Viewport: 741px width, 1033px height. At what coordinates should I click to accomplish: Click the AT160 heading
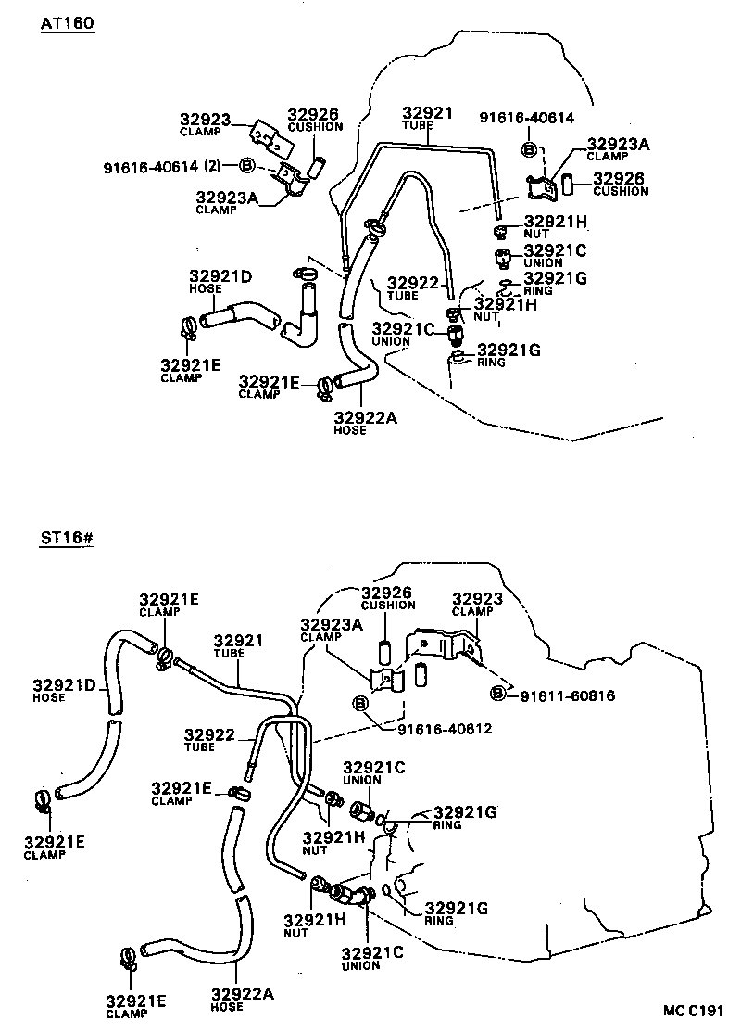pyautogui.click(x=67, y=23)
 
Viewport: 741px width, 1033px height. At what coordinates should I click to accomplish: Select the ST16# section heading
pyautogui.click(x=67, y=538)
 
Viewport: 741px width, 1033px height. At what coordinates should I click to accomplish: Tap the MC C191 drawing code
pyautogui.click(x=694, y=1011)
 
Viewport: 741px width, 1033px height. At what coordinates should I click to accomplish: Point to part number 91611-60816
pyautogui.click(x=567, y=695)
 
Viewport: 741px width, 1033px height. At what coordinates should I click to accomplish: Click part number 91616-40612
pyautogui.click(x=445, y=729)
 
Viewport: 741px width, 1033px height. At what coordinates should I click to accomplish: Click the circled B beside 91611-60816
pyautogui.click(x=498, y=693)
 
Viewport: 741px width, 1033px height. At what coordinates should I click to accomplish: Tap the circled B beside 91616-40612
pyautogui.click(x=360, y=704)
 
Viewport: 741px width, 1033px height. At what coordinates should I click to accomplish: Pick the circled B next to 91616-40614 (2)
pyautogui.click(x=246, y=165)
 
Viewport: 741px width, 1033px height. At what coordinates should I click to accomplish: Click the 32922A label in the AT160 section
pyautogui.click(x=365, y=418)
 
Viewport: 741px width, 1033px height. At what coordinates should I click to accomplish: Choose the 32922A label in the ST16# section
pyautogui.click(x=242, y=993)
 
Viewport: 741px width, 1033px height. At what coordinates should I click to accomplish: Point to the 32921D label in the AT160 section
pyautogui.click(x=220, y=276)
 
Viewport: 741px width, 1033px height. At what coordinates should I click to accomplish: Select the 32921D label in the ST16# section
pyautogui.click(x=65, y=685)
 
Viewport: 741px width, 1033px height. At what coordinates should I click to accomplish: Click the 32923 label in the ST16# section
pyautogui.click(x=477, y=599)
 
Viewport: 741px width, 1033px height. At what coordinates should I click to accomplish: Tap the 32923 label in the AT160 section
pyautogui.click(x=206, y=120)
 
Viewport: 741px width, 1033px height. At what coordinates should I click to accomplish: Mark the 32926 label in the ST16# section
pyautogui.click(x=386, y=593)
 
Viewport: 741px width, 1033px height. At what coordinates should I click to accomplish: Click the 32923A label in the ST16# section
pyautogui.click(x=332, y=625)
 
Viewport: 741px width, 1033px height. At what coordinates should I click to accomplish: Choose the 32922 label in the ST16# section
pyautogui.click(x=209, y=734)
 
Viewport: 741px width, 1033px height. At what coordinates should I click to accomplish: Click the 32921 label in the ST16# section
pyautogui.click(x=238, y=641)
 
